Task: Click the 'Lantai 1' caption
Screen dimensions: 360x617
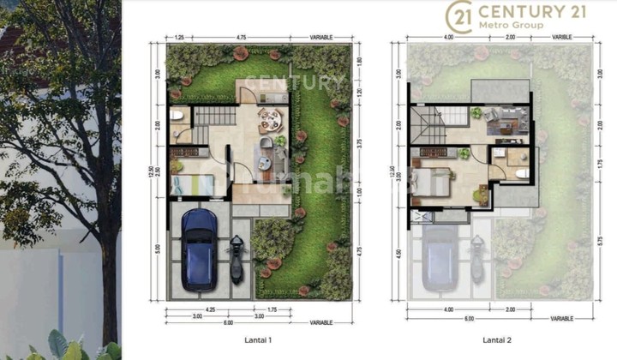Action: pyautogui.click(x=259, y=340)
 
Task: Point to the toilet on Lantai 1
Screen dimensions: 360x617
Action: pyautogui.click(x=177, y=115)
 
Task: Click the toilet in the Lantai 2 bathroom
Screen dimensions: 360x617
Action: pyautogui.click(x=522, y=171)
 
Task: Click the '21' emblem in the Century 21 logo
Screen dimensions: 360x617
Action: pyautogui.click(x=461, y=16)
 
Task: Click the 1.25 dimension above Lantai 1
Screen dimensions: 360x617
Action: pyautogui.click(x=180, y=38)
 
